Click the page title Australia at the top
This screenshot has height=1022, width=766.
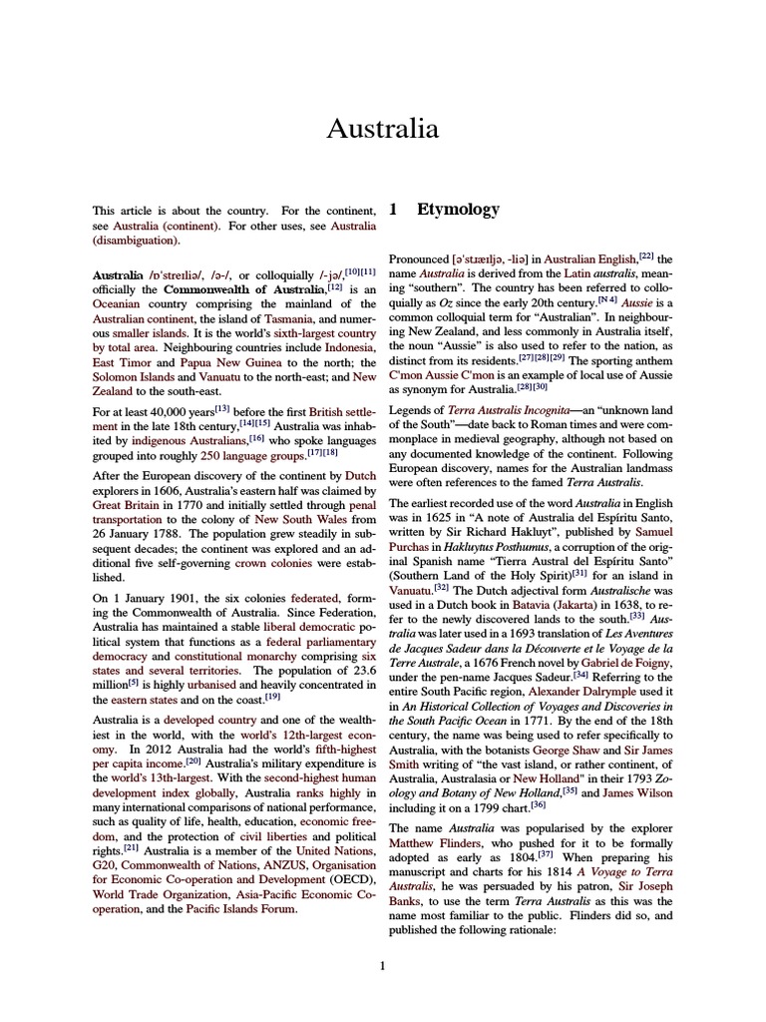click(x=383, y=129)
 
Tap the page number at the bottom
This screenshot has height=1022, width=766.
click(x=383, y=964)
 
